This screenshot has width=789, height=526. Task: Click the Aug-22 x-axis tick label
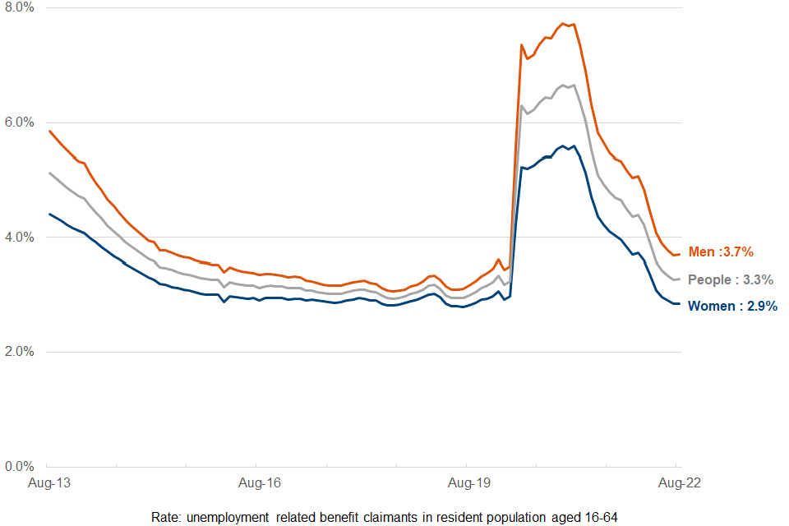pos(679,483)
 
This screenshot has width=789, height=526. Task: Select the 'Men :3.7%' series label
pos(719,252)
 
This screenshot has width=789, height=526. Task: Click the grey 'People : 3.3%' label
pos(731,280)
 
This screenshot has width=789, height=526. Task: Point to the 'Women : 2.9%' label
pos(732,307)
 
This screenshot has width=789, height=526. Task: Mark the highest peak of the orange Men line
pos(562,24)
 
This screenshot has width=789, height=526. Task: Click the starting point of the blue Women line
pos(49,214)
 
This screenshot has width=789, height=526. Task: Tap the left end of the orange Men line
pos(49,131)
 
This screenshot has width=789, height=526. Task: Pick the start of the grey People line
pos(49,173)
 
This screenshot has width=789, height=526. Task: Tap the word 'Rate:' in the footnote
pos(167,516)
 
